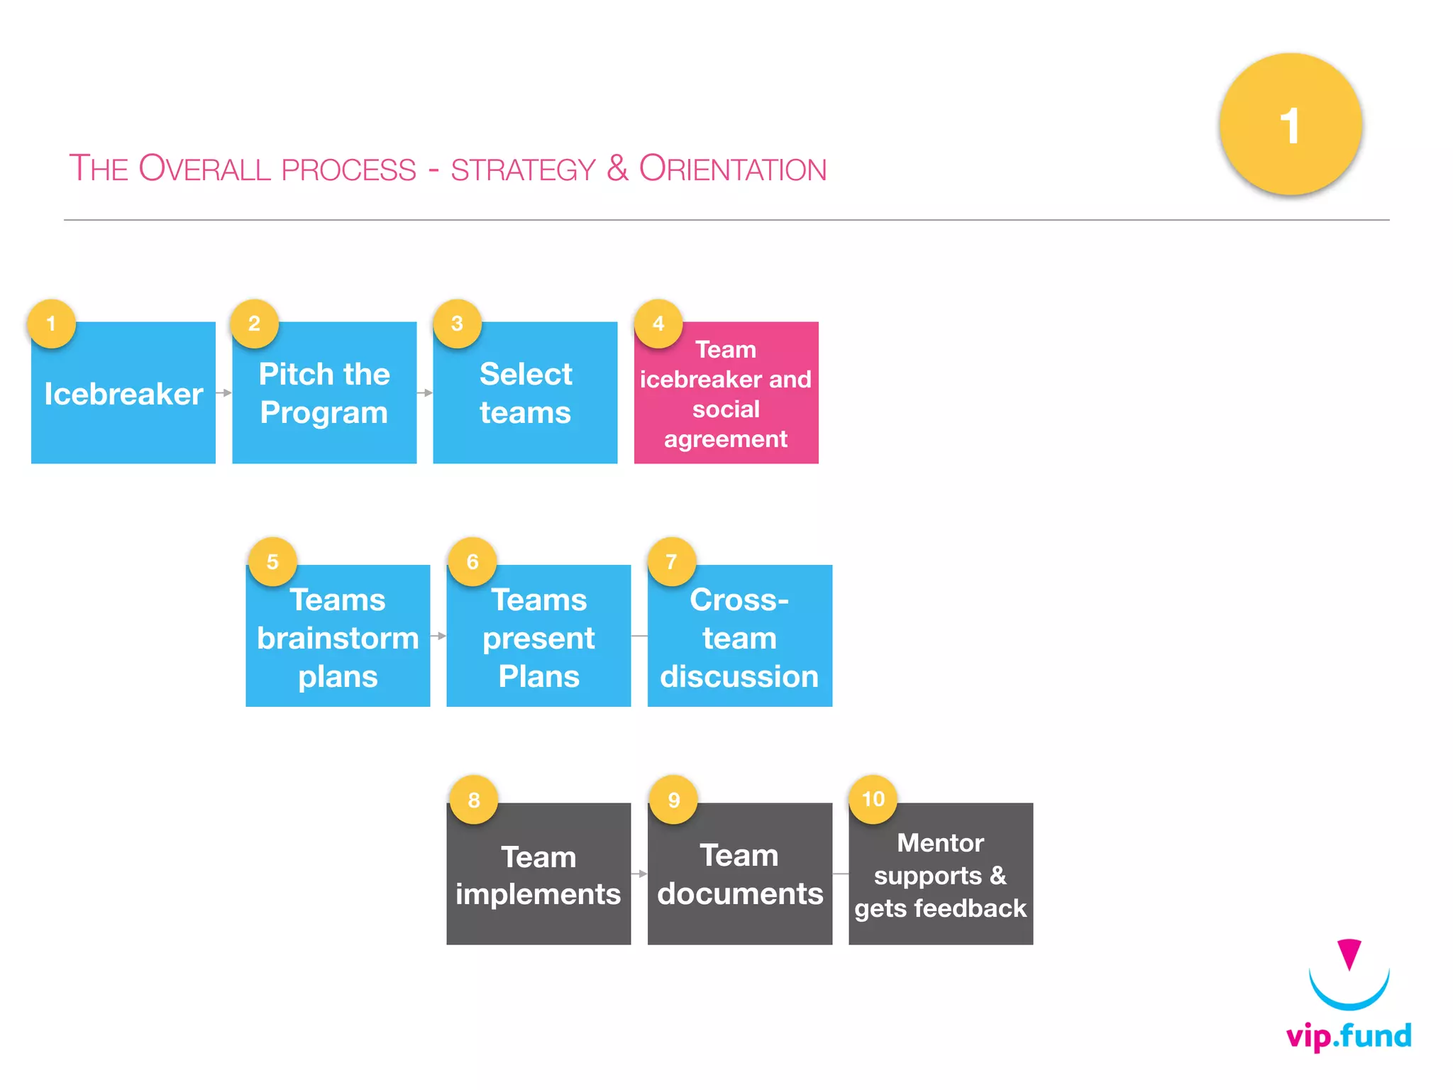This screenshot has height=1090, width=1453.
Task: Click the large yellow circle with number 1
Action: point(1290,125)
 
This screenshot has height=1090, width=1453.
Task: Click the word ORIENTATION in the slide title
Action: point(732,169)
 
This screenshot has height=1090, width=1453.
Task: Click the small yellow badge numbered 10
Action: point(873,799)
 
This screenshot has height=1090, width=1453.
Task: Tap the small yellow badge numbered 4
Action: point(658,324)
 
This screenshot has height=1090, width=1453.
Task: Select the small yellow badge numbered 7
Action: point(671,562)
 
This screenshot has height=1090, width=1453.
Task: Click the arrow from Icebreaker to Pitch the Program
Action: point(224,392)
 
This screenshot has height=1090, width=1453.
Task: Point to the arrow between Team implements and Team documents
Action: point(639,874)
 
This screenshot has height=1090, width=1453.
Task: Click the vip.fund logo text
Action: point(1349,1036)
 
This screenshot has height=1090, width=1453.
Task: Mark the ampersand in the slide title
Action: point(617,169)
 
